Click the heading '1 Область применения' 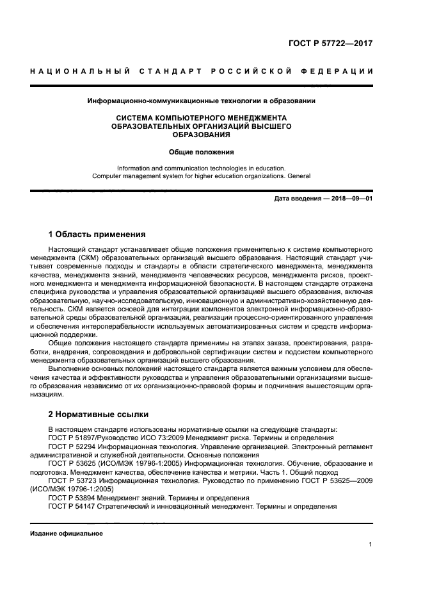(x=97, y=234)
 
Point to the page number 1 (x=371, y=545)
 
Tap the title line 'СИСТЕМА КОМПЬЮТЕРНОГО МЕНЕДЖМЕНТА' (x=201, y=118)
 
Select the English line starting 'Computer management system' (x=201, y=176)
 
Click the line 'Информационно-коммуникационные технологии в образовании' (x=201, y=101)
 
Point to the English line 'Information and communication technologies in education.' (x=201, y=168)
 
